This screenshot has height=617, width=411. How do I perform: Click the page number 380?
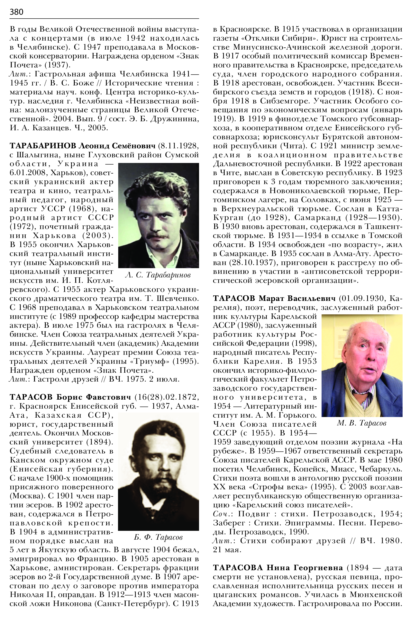(x=16, y=12)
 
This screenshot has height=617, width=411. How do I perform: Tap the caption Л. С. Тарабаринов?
(x=158, y=275)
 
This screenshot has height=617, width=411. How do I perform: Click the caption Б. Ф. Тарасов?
(x=158, y=537)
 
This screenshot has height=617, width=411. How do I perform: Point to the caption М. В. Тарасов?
(x=361, y=423)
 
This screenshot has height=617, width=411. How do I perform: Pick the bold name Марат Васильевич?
(x=297, y=299)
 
